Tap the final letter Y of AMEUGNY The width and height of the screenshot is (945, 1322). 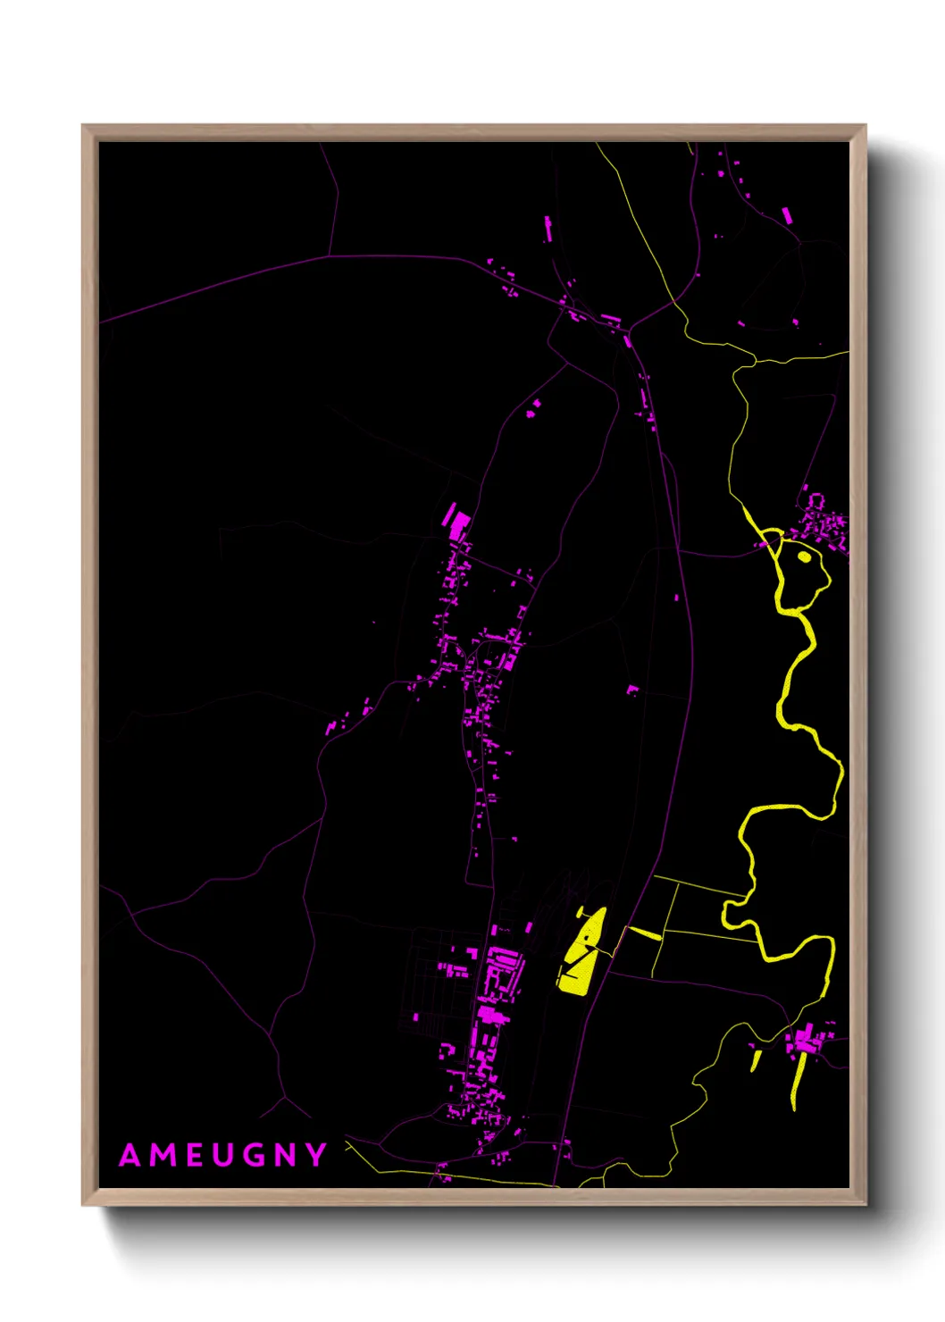pos(317,1155)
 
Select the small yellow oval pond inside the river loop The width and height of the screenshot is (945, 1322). pos(804,556)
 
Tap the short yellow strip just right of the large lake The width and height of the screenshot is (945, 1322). pos(644,933)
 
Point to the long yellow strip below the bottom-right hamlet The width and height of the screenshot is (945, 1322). pos(798,1081)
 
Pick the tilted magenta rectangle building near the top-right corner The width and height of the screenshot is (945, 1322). pos(786,215)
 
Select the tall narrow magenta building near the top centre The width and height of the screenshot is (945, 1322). pos(548,230)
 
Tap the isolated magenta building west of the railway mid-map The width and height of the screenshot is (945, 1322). pos(632,689)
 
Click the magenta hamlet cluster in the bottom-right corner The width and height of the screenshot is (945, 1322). pos(809,1041)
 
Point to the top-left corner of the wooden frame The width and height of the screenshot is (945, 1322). pos(83,126)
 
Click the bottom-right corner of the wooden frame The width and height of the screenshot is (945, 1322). pos(865,1204)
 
